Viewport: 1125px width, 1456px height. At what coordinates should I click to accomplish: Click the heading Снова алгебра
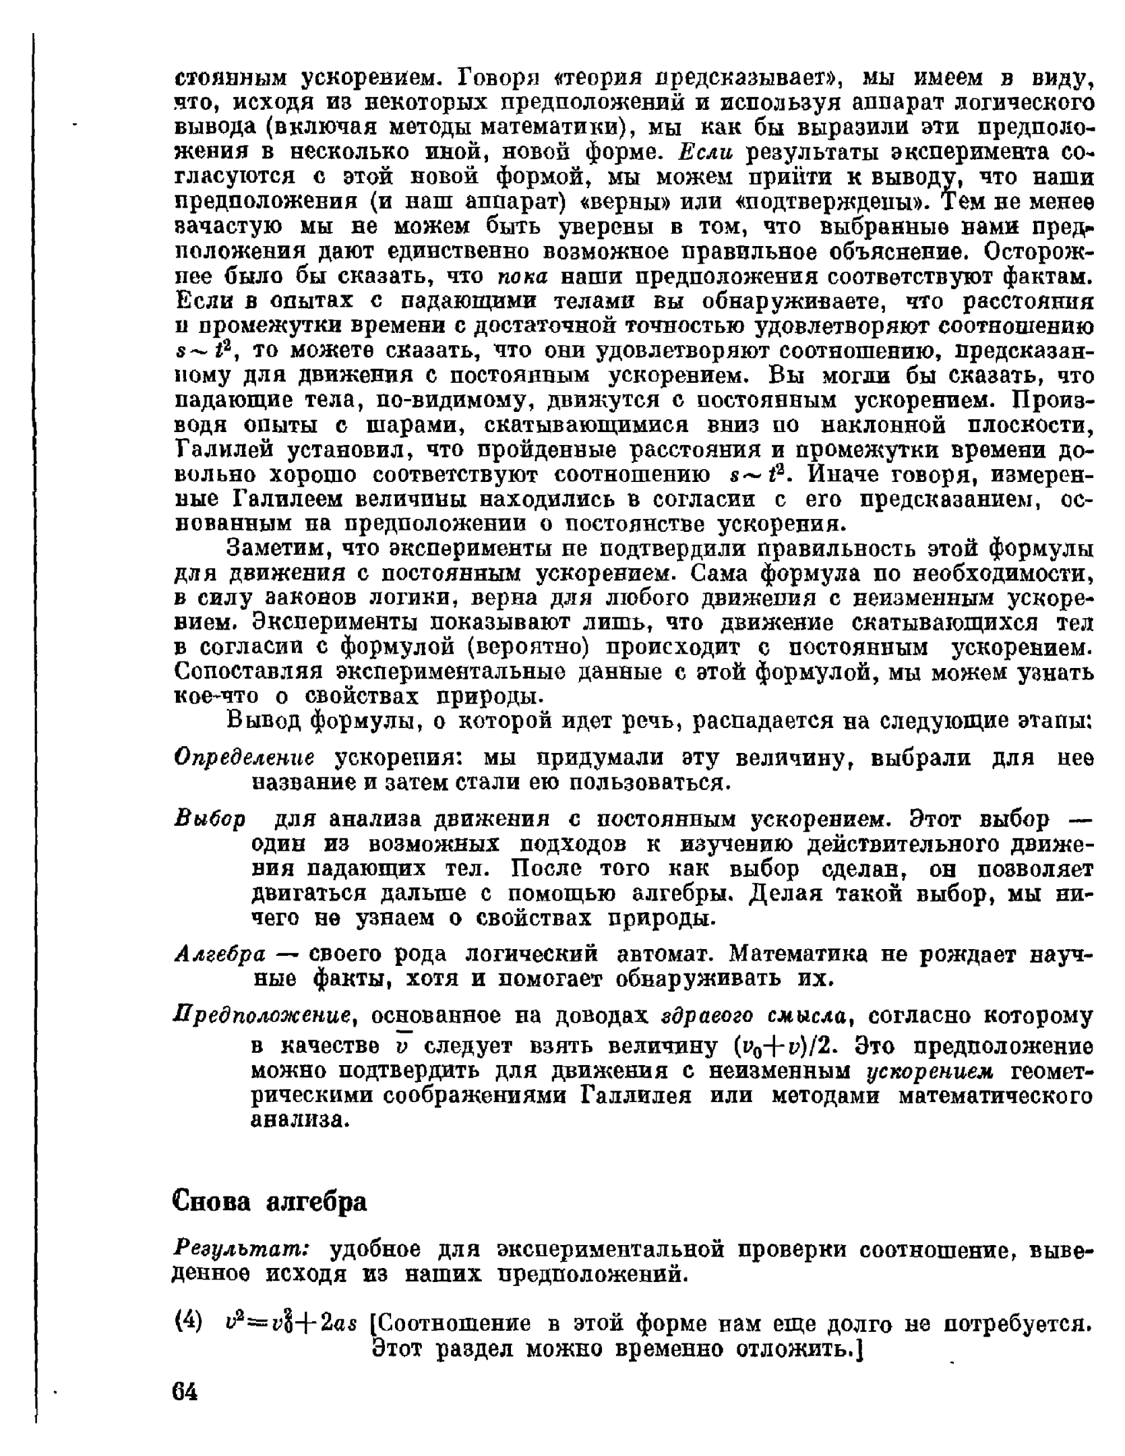point(270,1201)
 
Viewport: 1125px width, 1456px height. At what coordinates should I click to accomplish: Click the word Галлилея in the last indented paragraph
point(636,1096)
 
